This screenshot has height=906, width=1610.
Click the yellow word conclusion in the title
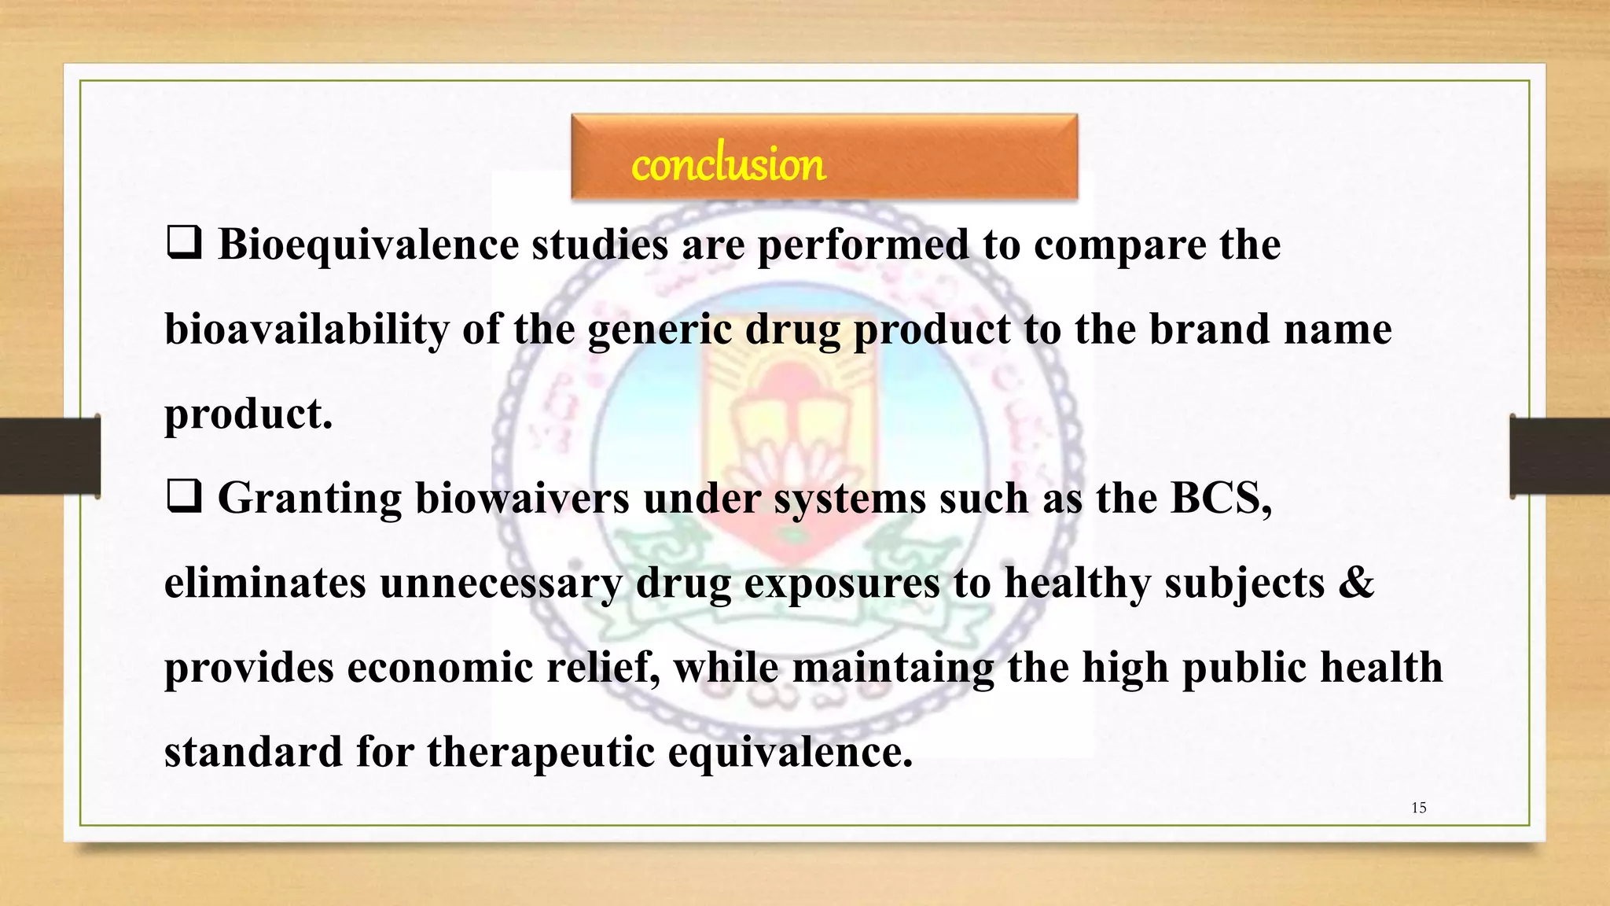click(x=728, y=165)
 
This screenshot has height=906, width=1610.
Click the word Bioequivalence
click(x=368, y=245)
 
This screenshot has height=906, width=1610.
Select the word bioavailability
click(x=306, y=330)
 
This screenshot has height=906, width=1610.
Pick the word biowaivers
click(x=522, y=498)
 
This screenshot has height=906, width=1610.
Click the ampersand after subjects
click(x=1355, y=583)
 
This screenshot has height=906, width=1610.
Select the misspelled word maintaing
click(x=892, y=668)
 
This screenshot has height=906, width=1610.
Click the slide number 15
click(x=1419, y=808)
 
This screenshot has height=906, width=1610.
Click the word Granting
click(x=310, y=499)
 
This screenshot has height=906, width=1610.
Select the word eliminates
click(x=265, y=583)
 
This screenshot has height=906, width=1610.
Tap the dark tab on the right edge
click(x=1560, y=456)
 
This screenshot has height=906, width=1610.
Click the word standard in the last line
click(x=253, y=752)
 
